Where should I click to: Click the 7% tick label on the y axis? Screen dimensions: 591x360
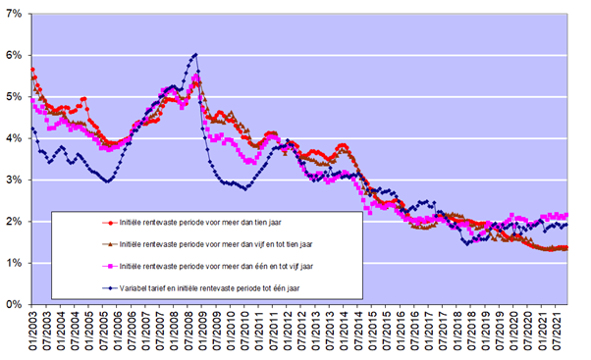(x=14, y=14)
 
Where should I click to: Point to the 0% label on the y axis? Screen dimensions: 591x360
(x=14, y=304)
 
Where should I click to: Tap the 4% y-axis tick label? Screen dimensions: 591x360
(x=14, y=138)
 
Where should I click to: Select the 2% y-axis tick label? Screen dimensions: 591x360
(x=14, y=222)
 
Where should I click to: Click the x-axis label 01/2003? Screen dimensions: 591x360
(x=32, y=331)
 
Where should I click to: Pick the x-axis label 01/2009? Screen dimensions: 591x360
(x=203, y=331)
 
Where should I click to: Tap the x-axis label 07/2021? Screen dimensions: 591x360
(x=557, y=331)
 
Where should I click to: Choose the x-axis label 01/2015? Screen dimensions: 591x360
(x=373, y=331)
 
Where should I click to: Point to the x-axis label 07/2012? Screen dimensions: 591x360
(x=302, y=331)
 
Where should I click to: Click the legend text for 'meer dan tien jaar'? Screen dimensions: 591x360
(x=200, y=223)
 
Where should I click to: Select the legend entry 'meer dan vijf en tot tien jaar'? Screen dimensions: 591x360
(x=216, y=244)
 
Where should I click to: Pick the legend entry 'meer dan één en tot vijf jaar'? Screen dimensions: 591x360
(x=216, y=266)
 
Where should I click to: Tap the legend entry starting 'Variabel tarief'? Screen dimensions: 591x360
(x=209, y=288)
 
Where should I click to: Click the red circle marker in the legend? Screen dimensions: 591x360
(x=110, y=223)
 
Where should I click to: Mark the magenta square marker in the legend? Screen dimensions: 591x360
(x=110, y=266)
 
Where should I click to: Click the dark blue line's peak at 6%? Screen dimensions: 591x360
(x=195, y=55)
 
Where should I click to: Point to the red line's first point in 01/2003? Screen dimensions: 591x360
(x=32, y=70)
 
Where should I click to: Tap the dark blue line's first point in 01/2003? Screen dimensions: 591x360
(x=32, y=129)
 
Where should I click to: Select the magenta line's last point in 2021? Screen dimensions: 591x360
(x=566, y=215)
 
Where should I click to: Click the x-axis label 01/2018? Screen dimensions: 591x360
(x=457, y=331)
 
